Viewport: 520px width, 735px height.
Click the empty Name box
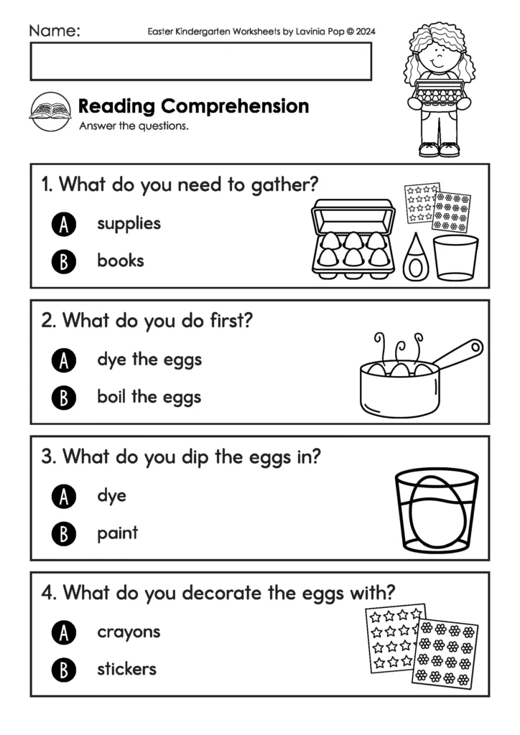click(x=200, y=61)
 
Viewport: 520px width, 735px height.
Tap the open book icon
click(x=50, y=111)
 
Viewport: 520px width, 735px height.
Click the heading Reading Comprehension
click(x=193, y=106)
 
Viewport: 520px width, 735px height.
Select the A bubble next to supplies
click(x=64, y=225)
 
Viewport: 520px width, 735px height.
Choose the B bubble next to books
click(x=64, y=262)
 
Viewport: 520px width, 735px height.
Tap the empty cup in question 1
click(x=455, y=257)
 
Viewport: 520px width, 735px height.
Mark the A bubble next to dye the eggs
click(x=64, y=360)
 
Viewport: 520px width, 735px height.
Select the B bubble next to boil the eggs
click(x=64, y=398)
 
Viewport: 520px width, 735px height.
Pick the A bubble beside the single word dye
click(x=64, y=497)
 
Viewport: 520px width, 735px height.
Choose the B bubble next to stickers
click(x=64, y=670)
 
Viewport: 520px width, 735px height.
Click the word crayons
click(x=129, y=633)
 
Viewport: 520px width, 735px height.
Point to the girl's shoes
click(x=439, y=149)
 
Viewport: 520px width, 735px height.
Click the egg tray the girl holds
click(x=439, y=92)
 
